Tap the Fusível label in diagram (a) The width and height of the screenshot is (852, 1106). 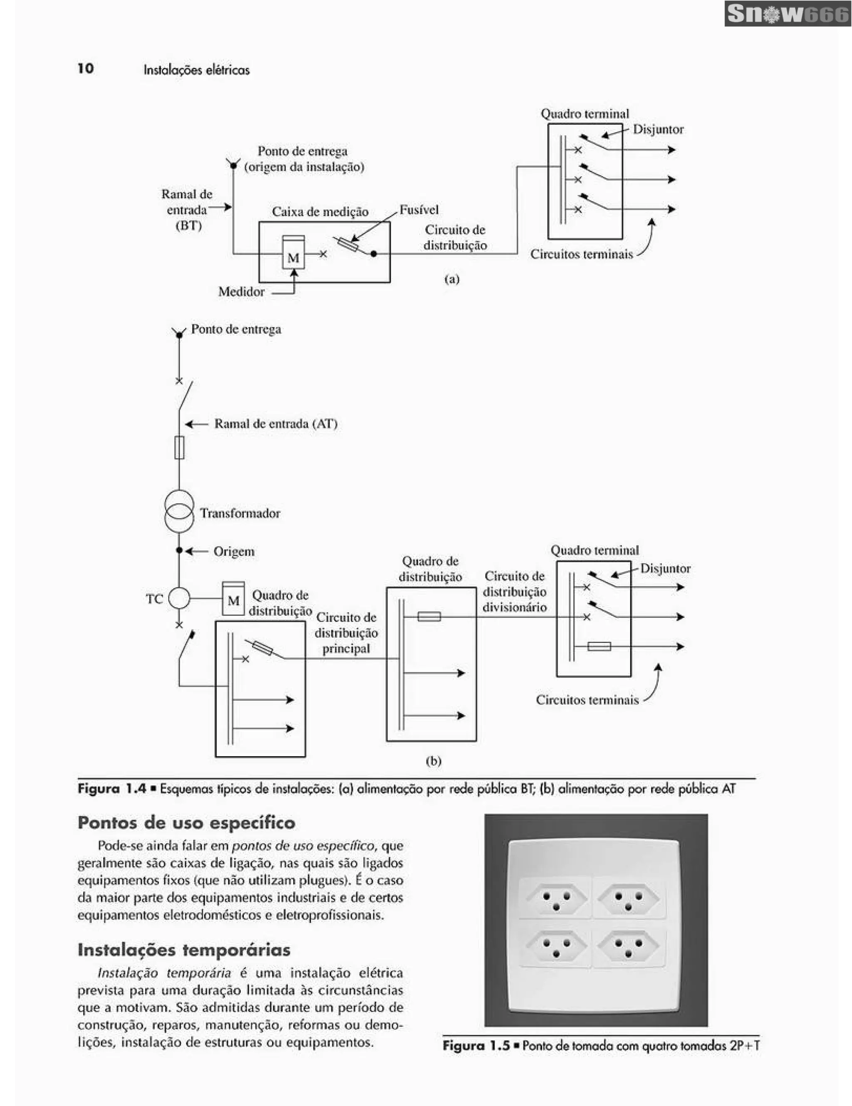tap(419, 210)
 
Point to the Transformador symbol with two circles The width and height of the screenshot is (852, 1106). tap(179, 511)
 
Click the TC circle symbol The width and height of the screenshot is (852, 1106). tap(179, 598)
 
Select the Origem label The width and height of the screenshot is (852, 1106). tap(234, 551)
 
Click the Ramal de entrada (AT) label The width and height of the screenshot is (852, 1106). tap(275, 423)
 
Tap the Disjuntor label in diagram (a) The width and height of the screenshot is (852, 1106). tap(658, 130)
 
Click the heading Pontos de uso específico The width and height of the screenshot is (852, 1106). tap(186, 822)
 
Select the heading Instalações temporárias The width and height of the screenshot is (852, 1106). tap(184, 950)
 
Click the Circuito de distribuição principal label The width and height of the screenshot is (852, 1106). tap(346, 632)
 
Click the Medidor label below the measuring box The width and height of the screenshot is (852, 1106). tap(241, 292)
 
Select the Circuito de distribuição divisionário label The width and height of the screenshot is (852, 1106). tap(515, 592)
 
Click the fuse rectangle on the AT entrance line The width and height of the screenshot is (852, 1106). tap(179, 448)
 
